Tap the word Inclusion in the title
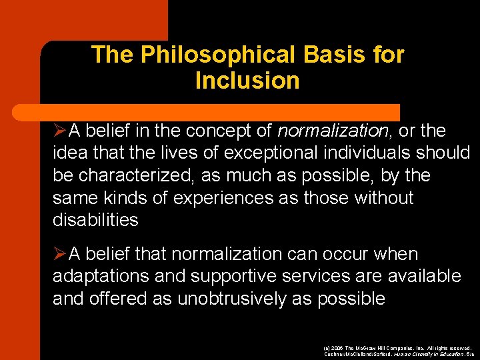[x=247, y=81]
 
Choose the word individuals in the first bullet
[x=371, y=153]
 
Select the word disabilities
[x=95, y=220]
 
